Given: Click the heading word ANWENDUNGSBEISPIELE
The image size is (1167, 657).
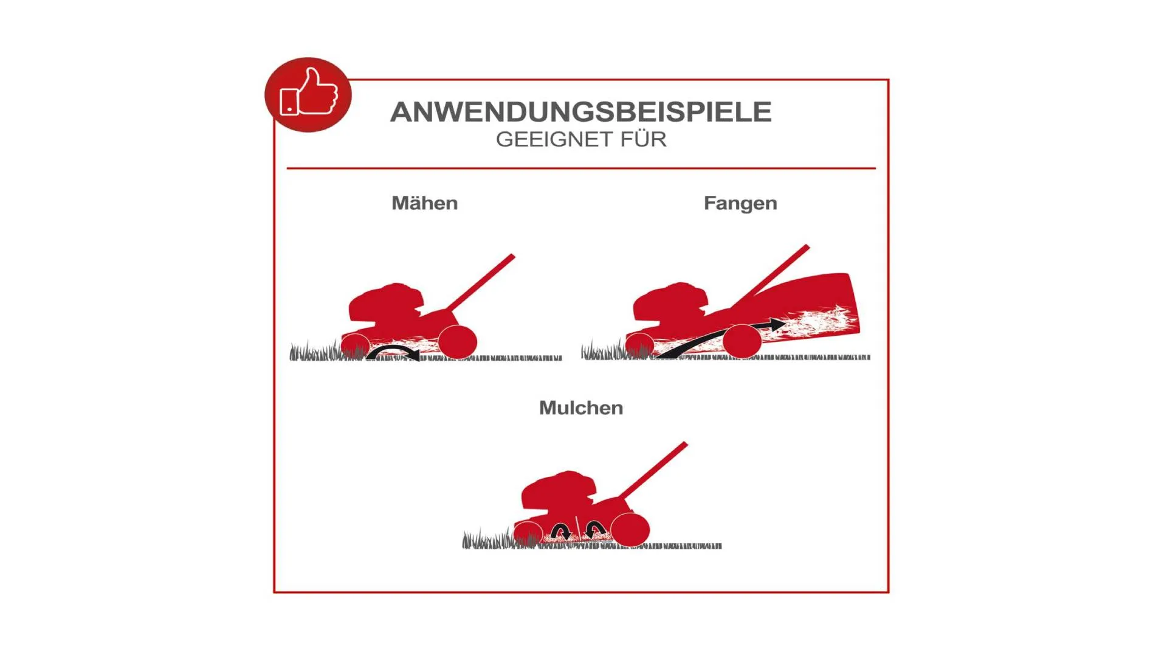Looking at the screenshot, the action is tap(581, 112).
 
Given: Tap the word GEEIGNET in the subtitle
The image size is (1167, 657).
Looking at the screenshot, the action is tap(554, 139).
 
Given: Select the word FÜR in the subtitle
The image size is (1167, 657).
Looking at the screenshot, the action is tap(644, 139).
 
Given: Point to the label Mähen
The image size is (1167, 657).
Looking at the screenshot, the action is tap(425, 203).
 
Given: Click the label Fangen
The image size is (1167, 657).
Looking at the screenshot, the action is tap(740, 204).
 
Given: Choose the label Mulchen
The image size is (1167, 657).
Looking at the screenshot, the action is tap(581, 408).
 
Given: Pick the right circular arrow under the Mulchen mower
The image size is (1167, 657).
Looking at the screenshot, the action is tap(595, 530).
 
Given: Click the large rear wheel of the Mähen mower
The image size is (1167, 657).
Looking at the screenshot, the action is tap(457, 342).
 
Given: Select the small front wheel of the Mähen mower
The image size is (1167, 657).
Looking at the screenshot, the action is tap(356, 346).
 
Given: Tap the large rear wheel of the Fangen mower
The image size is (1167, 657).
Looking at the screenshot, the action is tap(742, 341).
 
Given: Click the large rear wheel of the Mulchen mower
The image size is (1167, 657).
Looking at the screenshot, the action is tap(630, 530).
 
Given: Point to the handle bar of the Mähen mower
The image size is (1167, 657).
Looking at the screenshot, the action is tap(480, 283).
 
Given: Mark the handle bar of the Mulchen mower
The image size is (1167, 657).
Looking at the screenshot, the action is tap(653, 470).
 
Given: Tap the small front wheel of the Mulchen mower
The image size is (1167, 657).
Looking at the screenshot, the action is tap(528, 534).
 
